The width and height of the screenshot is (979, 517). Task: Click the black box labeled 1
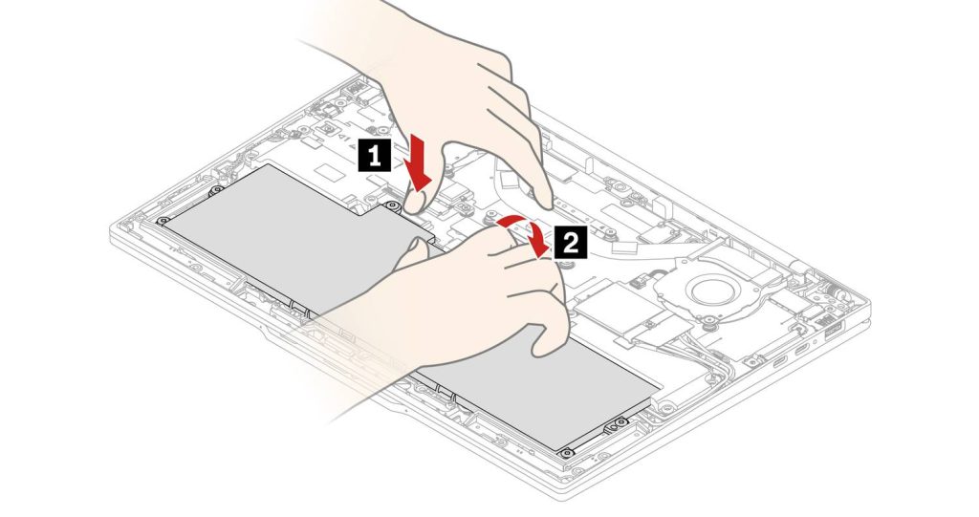(x=374, y=156)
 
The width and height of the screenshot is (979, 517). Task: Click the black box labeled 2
(x=571, y=243)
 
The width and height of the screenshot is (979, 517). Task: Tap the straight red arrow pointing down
(x=417, y=164)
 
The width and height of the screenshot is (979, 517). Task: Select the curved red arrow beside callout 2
(x=526, y=231)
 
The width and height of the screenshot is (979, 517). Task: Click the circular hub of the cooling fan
(x=708, y=290)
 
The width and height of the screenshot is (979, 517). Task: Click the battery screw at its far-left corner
(x=163, y=221)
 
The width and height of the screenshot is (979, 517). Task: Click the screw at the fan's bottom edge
(x=709, y=323)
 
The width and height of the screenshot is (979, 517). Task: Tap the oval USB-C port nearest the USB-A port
(x=801, y=351)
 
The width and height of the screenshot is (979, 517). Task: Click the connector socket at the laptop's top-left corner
(x=354, y=86)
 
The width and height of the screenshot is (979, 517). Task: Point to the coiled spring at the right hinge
(x=835, y=291)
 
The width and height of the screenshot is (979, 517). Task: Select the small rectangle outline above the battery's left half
(x=332, y=168)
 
